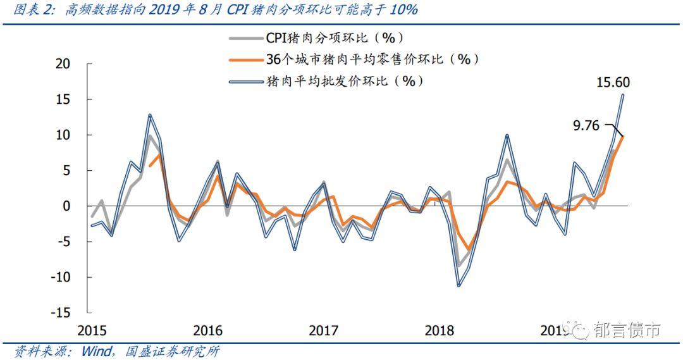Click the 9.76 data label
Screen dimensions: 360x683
click(x=586, y=126)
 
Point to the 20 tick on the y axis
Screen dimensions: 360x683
click(x=63, y=64)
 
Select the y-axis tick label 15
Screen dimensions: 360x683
click(x=63, y=99)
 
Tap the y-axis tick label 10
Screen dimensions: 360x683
click(x=63, y=135)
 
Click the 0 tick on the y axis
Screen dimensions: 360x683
click(x=67, y=206)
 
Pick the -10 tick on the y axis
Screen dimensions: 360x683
click(x=61, y=277)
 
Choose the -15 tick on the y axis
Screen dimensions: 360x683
click(x=61, y=313)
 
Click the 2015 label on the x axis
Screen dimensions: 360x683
click(x=92, y=330)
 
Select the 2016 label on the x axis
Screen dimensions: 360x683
click(x=208, y=330)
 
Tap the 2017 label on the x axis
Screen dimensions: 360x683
click(x=324, y=330)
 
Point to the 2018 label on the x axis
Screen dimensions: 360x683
click(x=440, y=330)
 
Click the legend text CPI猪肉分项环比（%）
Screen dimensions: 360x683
click(x=335, y=38)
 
